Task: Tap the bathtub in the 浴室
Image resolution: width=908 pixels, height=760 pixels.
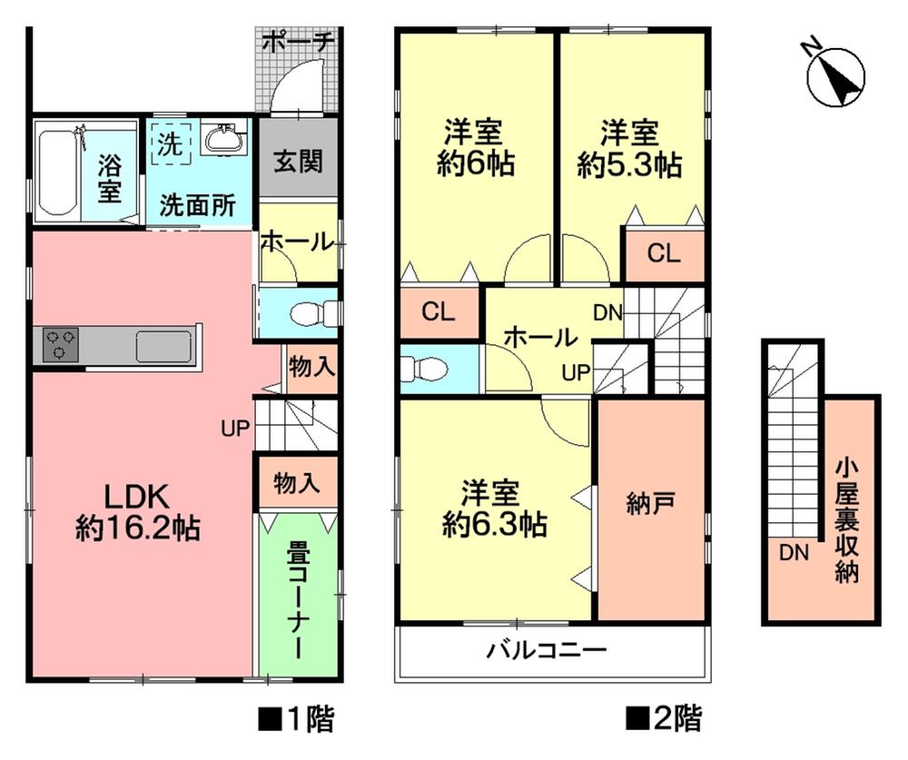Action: (x=57, y=173)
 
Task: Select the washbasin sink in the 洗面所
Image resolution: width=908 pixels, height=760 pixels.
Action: (x=222, y=140)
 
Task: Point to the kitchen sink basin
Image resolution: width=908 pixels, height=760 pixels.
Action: (x=163, y=346)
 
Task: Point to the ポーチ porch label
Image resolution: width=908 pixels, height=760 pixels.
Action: (x=299, y=41)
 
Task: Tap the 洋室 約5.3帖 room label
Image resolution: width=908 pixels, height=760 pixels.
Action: (x=630, y=150)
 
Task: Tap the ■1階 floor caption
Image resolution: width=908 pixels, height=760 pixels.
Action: (x=296, y=720)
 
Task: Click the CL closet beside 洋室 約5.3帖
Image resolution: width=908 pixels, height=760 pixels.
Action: (x=663, y=254)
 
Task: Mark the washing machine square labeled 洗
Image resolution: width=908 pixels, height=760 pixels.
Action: (x=170, y=143)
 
